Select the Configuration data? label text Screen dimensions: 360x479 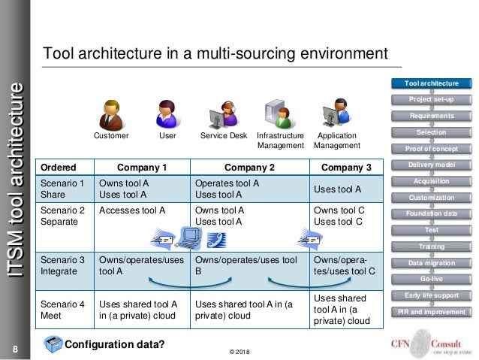(x=114, y=345)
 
